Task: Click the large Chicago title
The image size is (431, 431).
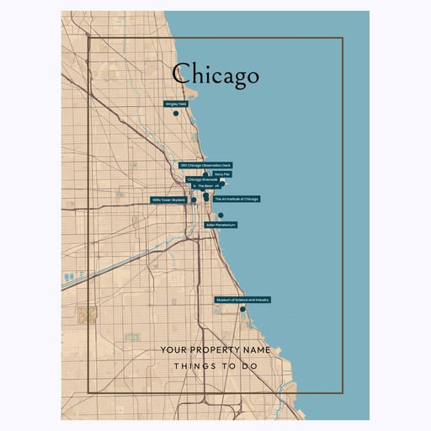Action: [x=215, y=75]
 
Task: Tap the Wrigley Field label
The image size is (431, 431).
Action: [x=175, y=104]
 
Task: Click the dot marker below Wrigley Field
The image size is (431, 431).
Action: [x=176, y=113]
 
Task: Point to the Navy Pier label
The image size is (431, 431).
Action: [x=222, y=174]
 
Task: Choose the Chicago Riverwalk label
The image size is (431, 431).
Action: [x=202, y=179]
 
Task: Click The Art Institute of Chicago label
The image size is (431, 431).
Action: [x=237, y=199]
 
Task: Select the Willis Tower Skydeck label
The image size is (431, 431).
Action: [x=168, y=200]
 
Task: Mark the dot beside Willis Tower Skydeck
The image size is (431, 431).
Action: [x=194, y=200]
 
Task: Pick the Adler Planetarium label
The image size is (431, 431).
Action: [x=221, y=225]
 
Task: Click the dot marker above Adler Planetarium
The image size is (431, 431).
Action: [x=221, y=215]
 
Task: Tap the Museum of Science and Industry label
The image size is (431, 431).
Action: [x=242, y=300]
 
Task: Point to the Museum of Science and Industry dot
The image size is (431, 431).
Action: [x=242, y=309]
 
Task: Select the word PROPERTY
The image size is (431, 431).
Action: [x=215, y=349]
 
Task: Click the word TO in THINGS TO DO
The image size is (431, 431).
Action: [x=226, y=367]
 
